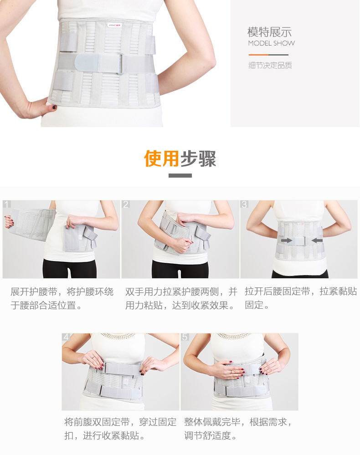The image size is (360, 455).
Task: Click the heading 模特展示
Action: click(269, 32)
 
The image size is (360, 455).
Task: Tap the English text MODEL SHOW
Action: click(272, 44)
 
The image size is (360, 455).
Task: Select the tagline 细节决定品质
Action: click(270, 65)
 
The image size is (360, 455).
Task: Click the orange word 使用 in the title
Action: click(161, 158)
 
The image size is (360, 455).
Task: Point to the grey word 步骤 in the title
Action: click(198, 158)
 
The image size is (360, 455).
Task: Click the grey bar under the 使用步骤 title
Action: click(180, 175)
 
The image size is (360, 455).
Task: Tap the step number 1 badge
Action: click(6, 204)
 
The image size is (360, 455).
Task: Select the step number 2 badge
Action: click(125, 204)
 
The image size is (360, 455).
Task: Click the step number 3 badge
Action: click(244, 204)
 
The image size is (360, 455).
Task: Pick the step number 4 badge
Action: click(66, 337)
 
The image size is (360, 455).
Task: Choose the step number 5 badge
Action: click(185, 337)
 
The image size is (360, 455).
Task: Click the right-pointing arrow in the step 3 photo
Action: click(287, 240)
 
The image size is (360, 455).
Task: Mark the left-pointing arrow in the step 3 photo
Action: click(317, 240)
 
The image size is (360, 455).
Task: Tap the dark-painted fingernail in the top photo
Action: click(54, 107)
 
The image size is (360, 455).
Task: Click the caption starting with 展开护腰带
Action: click(62, 298)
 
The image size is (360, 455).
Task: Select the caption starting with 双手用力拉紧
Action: click(181, 298)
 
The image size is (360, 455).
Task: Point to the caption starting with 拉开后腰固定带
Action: click(301, 298)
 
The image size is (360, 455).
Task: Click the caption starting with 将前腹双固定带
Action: click(120, 429)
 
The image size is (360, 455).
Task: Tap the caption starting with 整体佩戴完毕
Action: click(238, 429)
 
